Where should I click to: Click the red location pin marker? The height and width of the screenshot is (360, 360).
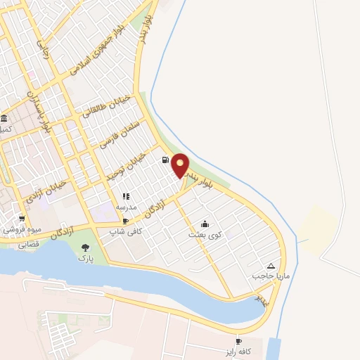click(x=181, y=165)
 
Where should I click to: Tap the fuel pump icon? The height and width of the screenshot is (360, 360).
click(x=165, y=160)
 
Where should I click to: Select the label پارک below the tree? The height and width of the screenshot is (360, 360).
click(x=86, y=259)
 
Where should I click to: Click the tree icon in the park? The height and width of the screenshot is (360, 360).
click(x=86, y=247)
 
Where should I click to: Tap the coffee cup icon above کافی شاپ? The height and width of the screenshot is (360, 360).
click(x=126, y=221)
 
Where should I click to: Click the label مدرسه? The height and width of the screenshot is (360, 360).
click(x=126, y=207)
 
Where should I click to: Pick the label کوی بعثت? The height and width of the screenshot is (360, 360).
click(x=205, y=234)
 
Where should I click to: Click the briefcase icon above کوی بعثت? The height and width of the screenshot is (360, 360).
click(x=205, y=224)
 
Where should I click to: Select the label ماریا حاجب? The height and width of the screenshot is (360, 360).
click(x=266, y=276)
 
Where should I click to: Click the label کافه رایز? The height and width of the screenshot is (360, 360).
click(x=238, y=351)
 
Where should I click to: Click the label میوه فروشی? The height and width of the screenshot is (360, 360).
click(x=20, y=229)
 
